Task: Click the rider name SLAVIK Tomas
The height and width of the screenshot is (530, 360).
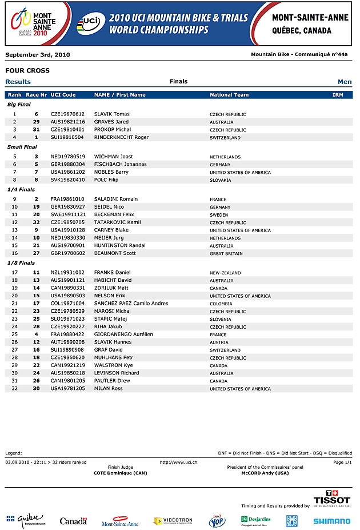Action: [x=112, y=114]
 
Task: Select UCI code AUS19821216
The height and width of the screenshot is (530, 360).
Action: [x=67, y=122]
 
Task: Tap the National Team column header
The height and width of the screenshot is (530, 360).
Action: [x=229, y=95]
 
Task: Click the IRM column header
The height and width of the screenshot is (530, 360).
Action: [x=338, y=95]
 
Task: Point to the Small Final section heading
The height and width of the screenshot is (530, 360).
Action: [x=21, y=147]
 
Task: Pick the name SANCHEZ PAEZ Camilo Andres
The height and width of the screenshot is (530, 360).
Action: [x=131, y=304]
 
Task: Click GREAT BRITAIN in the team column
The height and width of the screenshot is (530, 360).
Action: [x=226, y=254]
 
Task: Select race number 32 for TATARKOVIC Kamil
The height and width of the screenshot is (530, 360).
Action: [x=36, y=222]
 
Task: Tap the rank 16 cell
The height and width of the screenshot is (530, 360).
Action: [x=14, y=253]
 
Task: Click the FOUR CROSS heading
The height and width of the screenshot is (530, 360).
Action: [x=27, y=71]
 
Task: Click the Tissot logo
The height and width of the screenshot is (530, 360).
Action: [x=332, y=499]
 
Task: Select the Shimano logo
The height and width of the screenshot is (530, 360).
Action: [x=331, y=521]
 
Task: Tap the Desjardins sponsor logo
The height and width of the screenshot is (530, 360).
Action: [x=255, y=521]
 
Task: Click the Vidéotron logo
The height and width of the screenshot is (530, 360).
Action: [x=173, y=521]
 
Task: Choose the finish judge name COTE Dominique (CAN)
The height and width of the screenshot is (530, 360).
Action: [x=120, y=473]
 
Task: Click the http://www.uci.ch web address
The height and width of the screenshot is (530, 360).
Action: [x=179, y=462]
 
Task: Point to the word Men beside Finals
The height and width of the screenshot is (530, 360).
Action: [x=345, y=82]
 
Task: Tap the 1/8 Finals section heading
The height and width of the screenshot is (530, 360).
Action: [x=21, y=263]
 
